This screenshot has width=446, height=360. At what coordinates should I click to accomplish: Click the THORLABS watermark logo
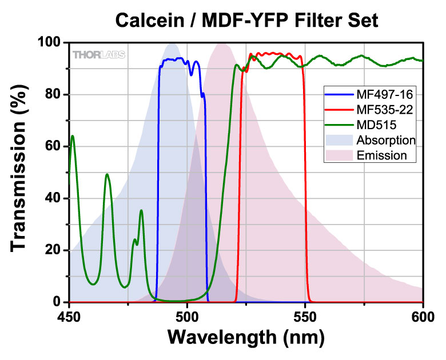pyautogui.click(x=98, y=55)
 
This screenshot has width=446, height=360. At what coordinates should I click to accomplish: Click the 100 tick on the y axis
pyautogui.click(x=50, y=43)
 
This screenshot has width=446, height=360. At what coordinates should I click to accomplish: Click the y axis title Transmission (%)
pyautogui.click(x=21, y=171)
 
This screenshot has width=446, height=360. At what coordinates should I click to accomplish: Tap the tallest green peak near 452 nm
pyautogui.click(x=72, y=136)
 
